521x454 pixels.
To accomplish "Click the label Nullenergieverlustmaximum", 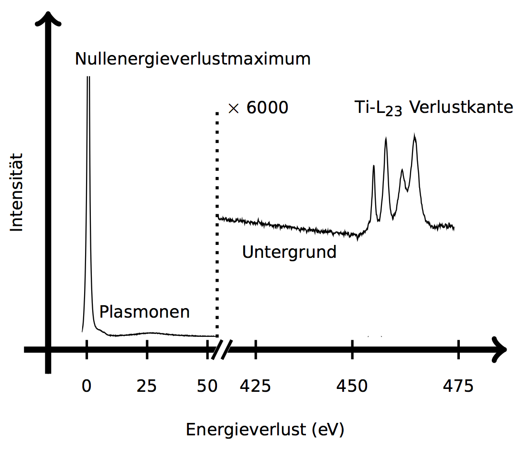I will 193,59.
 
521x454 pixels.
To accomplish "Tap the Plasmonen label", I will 144,312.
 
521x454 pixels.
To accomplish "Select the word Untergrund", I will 289,252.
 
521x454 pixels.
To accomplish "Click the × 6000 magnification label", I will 258,108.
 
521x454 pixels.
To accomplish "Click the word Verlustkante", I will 461,107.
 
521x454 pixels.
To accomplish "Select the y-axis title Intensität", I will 17,192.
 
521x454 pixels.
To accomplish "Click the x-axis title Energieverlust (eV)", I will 265,430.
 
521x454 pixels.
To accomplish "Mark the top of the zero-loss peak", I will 88,78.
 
